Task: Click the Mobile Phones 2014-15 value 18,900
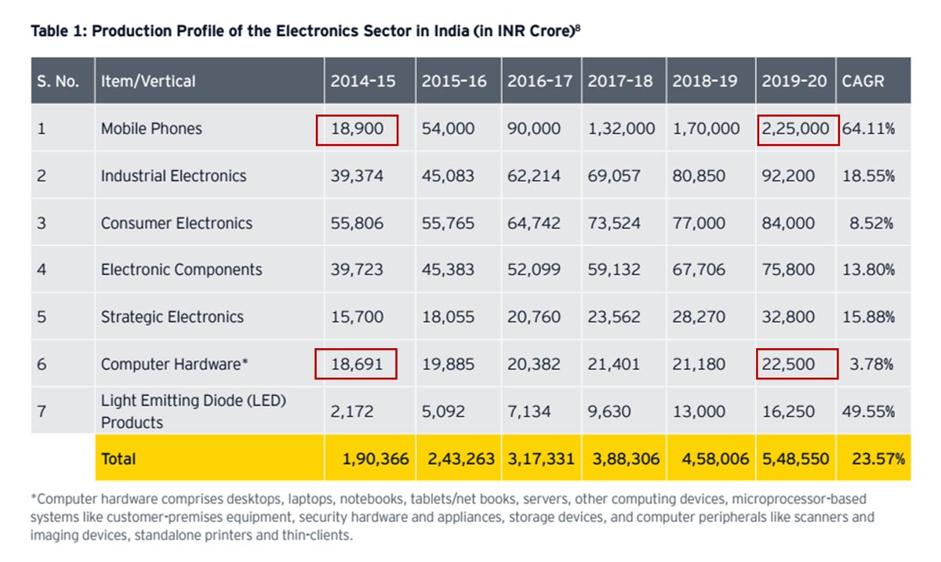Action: click(x=357, y=129)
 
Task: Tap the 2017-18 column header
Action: click(x=620, y=81)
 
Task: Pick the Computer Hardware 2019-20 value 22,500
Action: click(x=788, y=364)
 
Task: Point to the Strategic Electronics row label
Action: click(x=172, y=317)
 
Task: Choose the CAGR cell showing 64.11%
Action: click(x=868, y=129)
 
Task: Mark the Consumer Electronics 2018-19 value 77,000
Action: click(x=699, y=223)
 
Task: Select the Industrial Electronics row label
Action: click(x=173, y=176)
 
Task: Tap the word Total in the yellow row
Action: click(x=118, y=459)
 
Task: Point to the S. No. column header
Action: click(x=58, y=81)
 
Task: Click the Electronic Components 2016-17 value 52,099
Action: click(x=533, y=270)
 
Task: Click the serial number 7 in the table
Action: click(x=42, y=412)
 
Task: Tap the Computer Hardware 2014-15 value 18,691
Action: click(x=357, y=364)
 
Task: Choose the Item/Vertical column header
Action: click(x=148, y=81)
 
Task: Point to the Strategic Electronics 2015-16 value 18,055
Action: click(x=448, y=317)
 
